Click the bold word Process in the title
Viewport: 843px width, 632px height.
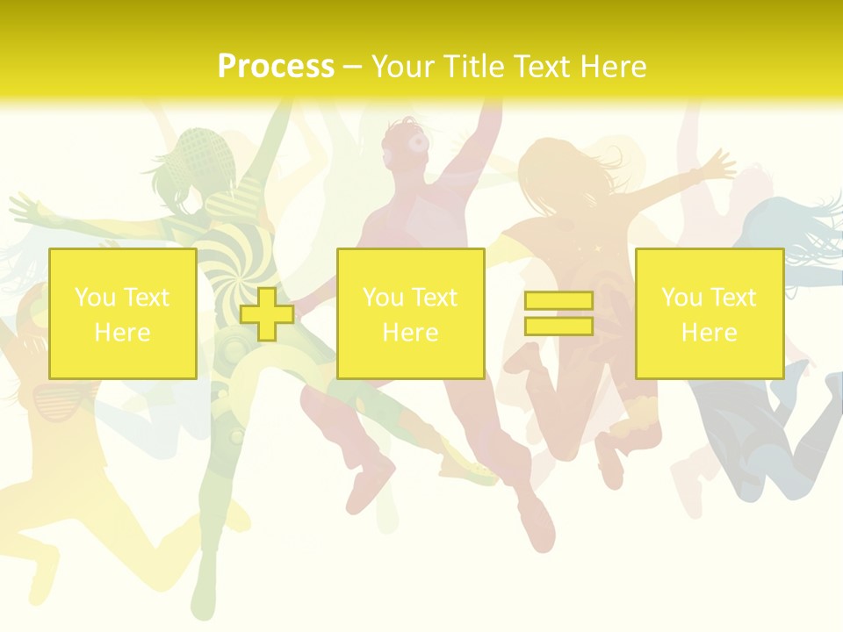click(x=276, y=67)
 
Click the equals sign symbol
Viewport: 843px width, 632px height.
click(x=558, y=313)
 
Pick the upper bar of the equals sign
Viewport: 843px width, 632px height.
click(x=558, y=301)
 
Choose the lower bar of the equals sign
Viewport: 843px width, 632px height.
click(x=558, y=326)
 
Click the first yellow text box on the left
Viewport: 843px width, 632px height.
click(x=123, y=313)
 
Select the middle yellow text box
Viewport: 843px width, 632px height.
click(x=411, y=313)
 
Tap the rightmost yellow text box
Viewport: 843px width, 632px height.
click(x=710, y=313)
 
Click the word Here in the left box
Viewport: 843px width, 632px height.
click(x=122, y=333)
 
